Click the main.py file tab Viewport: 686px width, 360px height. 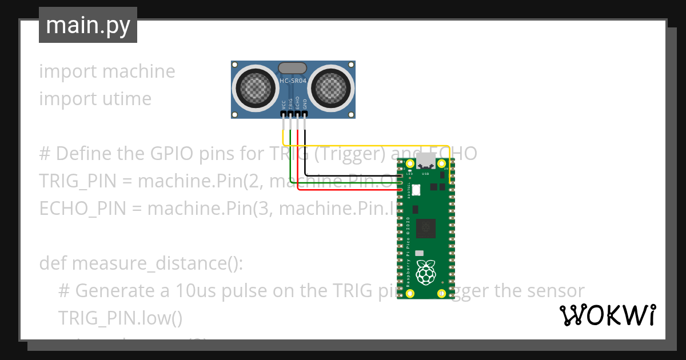[88, 25]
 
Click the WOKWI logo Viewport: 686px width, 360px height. [608, 315]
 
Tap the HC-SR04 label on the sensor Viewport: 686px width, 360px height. [293, 81]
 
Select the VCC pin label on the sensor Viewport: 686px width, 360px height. [284, 105]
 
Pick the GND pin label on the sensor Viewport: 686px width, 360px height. [305, 105]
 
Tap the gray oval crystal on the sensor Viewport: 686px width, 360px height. [293, 68]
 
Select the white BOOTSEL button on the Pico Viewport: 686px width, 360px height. [416, 189]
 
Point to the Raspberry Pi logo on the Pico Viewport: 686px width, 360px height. [425, 272]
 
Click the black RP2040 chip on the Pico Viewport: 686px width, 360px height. [425, 229]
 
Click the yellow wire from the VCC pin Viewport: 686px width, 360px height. [366, 145]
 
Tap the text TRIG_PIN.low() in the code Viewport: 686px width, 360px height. [120, 317]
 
